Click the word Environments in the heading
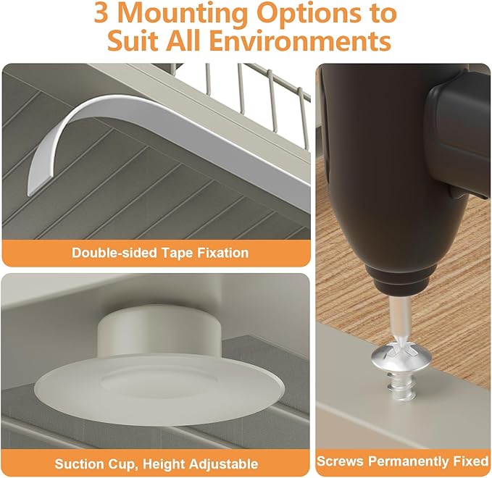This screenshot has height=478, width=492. click(x=300, y=41)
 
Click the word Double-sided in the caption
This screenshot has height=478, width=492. click(x=114, y=253)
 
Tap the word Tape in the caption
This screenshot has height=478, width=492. click(x=177, y=253)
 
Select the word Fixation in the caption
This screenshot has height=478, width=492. click(x=222, y=253)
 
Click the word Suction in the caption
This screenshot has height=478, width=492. click(x=78, y=464)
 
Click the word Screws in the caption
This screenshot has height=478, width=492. click(x=341, y=461)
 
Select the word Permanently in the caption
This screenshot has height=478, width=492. click(x=409, y=461)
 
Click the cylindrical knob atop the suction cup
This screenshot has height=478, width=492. click(x=159, y=332)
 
